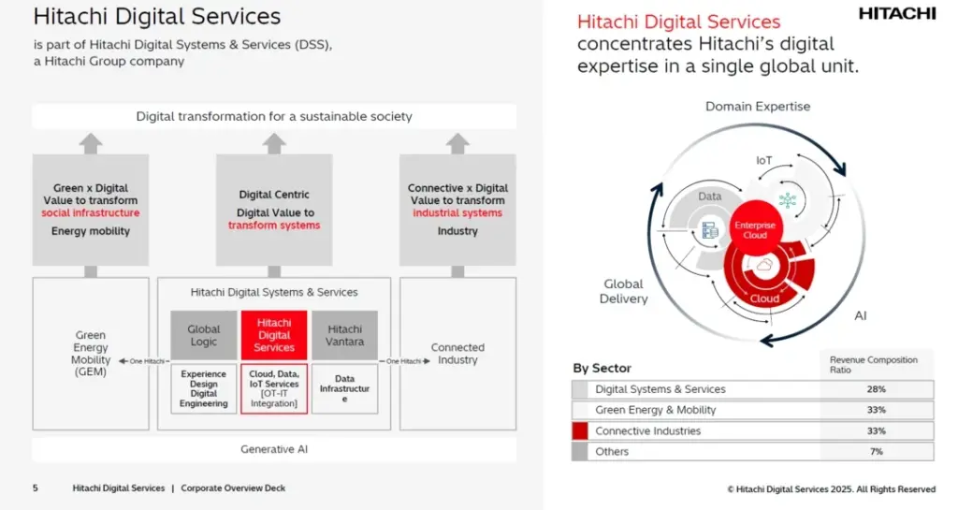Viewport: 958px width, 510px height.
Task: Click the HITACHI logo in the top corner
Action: pyautogui.click(x=896, y=13)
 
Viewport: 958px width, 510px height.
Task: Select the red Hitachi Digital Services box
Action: pyautogui.click(x=274, y=335)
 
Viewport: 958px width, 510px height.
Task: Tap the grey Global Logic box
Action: pyautogui.click(x=203, y=335)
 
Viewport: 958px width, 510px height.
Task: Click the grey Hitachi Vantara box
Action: pyautogui.click(x=344, y=335)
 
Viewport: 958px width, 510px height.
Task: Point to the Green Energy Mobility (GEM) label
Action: pyautogui.click(x=91, y=354)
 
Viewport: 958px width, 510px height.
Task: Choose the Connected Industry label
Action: pyautogui.click(x=457, y=353)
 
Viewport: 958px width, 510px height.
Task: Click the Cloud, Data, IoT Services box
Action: pyautogui.click(x=274, y=389)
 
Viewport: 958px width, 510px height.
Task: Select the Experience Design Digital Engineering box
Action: pyautogui.click(x=203, y=389)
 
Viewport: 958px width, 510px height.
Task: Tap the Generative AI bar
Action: pyautogui.click(x=274, y=449)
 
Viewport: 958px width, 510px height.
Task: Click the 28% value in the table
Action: pyautogui.click(x=877, y=389)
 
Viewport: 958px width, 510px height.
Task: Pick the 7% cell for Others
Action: pyautogui.click(x=877, y=452)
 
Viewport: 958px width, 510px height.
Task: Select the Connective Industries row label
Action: pyautogui.click(x=647, y=431)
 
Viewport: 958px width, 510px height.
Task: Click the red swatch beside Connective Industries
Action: pyautogui.click(x=580, y=431)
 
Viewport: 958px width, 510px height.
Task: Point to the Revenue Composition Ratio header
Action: pyautogui.click(x=874, y=364)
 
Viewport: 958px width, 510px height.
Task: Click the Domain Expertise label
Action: pyautogui.click(x=757, y=107)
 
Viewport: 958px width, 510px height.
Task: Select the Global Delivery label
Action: pyautogui.click(x=623, y=291)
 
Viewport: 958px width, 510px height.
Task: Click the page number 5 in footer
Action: pyautogui.click(x=36, y=488)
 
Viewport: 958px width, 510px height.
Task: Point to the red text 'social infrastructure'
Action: pyautogui.click(x=90, y=213)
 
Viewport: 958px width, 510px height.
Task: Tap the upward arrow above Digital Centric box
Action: pyautogui.click(x=274, y=143)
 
